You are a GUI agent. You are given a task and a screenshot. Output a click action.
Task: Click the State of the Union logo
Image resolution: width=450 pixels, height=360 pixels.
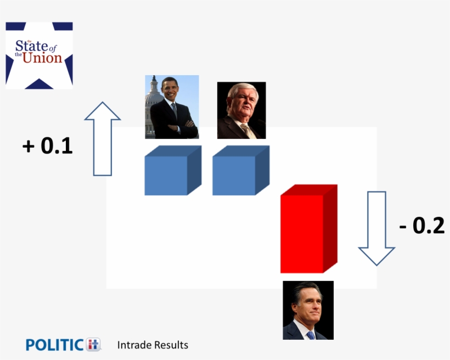pos(39,55)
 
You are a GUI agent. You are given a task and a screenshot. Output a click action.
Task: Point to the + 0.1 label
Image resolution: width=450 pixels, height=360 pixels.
pos(48,146)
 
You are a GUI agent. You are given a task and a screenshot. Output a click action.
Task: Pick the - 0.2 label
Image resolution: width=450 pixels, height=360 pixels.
pos(421,226)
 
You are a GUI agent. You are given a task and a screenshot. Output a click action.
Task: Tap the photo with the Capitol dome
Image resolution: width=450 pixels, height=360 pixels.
pos(172,107)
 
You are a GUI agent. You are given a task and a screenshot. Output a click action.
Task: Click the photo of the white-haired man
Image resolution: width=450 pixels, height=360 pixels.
pos(241,110)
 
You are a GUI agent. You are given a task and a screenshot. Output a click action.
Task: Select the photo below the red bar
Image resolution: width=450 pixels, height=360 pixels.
pos(308,310)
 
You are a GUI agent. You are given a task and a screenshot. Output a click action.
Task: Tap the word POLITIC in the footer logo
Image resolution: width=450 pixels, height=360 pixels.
pos(55,345)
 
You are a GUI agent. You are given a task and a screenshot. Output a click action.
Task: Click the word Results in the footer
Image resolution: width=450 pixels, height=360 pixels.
pos(171,345)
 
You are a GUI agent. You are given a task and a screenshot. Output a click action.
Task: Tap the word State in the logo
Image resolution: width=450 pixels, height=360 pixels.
pos(31,46)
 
